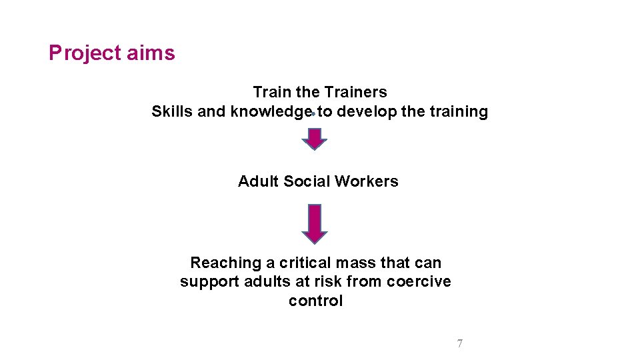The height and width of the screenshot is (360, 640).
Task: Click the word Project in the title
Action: [84, 53]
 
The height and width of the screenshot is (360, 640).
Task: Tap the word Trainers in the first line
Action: [355, 92]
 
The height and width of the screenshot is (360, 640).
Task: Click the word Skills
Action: [172, 111]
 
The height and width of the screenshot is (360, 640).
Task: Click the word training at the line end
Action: [459, 111]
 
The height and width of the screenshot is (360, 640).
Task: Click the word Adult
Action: [259, 181]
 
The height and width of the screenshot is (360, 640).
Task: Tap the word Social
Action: [307, 181]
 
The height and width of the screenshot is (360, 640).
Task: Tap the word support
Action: [206, 281]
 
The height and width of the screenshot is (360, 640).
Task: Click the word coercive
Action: [418, 281]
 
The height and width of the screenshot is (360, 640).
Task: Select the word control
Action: [315, 301]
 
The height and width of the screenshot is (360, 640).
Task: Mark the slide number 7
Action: [459, 344]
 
